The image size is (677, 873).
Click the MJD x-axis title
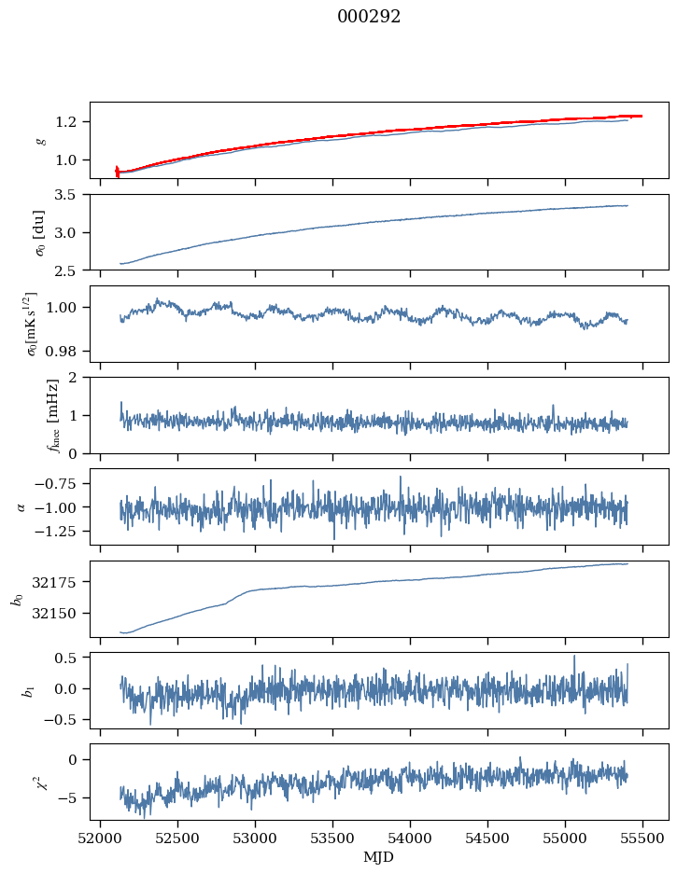(379, 856)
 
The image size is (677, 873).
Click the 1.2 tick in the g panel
(71, 122)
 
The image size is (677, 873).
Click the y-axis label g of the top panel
(40, 140)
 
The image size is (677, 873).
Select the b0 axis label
(16, 598)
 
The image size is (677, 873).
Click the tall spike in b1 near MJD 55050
(574, 657)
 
